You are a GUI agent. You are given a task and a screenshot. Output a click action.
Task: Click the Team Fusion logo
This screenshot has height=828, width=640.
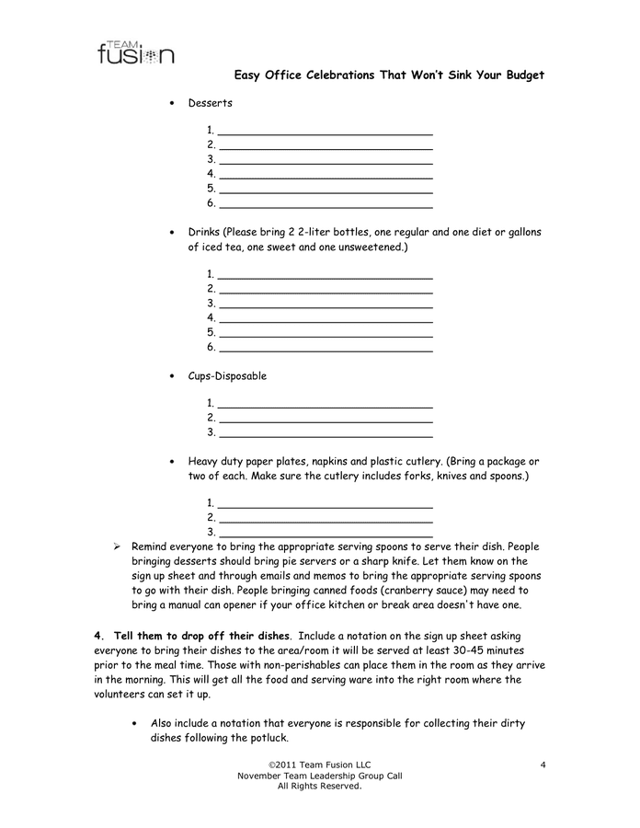[x=135, y=52]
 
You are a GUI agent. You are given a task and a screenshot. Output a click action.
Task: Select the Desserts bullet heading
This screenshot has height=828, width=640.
[x=210, y=103]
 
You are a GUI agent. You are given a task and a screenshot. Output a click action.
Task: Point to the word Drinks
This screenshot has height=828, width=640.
[x=204, y=232]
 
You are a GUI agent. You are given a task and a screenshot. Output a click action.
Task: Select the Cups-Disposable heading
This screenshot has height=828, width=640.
[x=227, y=376]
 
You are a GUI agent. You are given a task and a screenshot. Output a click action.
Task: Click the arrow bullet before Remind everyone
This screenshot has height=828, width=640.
[x=117, y=546]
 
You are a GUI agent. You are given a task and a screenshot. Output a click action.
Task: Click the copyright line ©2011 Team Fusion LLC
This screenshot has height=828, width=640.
[x=319, y=765]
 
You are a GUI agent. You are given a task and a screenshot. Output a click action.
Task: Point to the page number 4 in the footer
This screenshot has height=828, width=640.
[x=543, y=765]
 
